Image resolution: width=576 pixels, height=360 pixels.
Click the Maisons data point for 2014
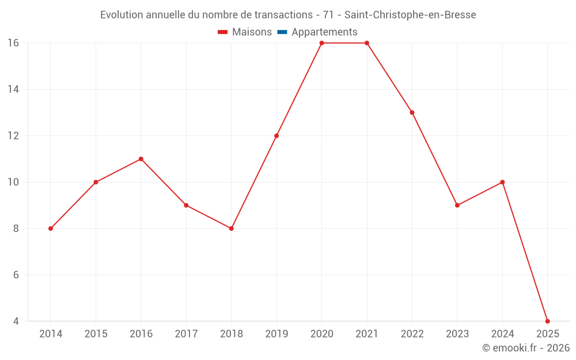pos(51,229)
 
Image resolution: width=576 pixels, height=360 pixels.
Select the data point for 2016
pos(141,159)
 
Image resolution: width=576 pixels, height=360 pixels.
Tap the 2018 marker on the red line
pos(232,229)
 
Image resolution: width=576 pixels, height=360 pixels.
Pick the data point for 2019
pos(276,136)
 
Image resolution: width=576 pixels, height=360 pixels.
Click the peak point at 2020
pos(321,43)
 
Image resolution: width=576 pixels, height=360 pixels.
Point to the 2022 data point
pos(412,112)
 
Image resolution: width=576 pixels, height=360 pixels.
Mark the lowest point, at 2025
pos(547,321)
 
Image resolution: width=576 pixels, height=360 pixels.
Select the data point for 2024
pos(502,182)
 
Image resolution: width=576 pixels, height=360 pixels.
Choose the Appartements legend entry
pos(324,32)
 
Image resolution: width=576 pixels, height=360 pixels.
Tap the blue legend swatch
pos(282,32)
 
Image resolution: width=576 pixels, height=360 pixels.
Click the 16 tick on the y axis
pos(13,43)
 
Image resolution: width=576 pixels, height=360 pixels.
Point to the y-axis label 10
pos(13,182)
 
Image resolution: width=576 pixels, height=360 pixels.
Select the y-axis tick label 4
pos(16,321)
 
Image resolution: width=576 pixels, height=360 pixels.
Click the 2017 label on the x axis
pos(186,334)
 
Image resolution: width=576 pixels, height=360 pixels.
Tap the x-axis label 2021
pos(367,334)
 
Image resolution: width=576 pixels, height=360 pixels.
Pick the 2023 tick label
pos(457,334)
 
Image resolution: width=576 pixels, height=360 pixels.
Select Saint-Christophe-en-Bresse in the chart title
pos(410,15)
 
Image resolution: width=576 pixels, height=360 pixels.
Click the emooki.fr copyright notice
pos(526,348)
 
